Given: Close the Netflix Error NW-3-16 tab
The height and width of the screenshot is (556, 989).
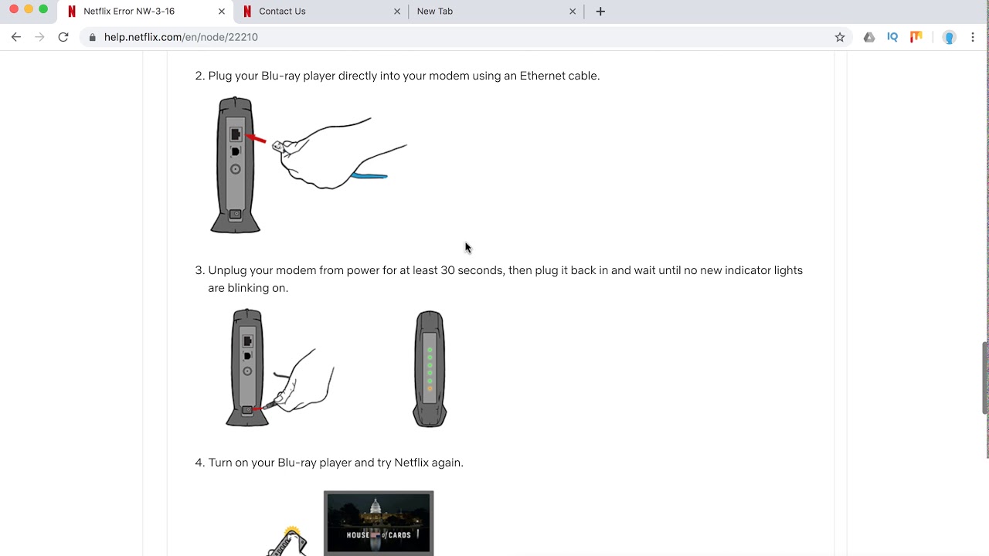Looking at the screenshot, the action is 222,12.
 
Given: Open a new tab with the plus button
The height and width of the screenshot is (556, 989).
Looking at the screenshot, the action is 600,12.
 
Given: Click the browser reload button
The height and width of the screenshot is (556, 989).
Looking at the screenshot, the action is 63,37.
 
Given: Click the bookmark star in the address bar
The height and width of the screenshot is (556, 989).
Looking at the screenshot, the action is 840,37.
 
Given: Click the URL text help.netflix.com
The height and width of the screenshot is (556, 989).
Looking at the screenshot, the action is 143,37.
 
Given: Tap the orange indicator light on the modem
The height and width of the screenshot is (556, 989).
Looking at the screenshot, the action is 430,388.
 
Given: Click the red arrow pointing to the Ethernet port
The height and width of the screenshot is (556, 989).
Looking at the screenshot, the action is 256,138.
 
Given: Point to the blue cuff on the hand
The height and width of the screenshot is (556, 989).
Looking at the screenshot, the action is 369,176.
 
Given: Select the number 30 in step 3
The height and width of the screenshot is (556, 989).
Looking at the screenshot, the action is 447,270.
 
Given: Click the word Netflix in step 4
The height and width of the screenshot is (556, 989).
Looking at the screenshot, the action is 412,463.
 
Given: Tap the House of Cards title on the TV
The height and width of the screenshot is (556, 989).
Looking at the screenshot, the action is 379,535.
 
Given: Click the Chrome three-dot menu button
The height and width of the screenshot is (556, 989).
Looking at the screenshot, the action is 973,37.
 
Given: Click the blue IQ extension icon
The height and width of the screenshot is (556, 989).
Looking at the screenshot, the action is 892,37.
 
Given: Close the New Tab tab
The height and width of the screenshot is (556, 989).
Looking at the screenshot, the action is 573,12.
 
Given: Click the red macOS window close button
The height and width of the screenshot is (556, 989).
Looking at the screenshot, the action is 14,8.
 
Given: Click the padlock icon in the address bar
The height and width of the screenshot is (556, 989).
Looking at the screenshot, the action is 92,37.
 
